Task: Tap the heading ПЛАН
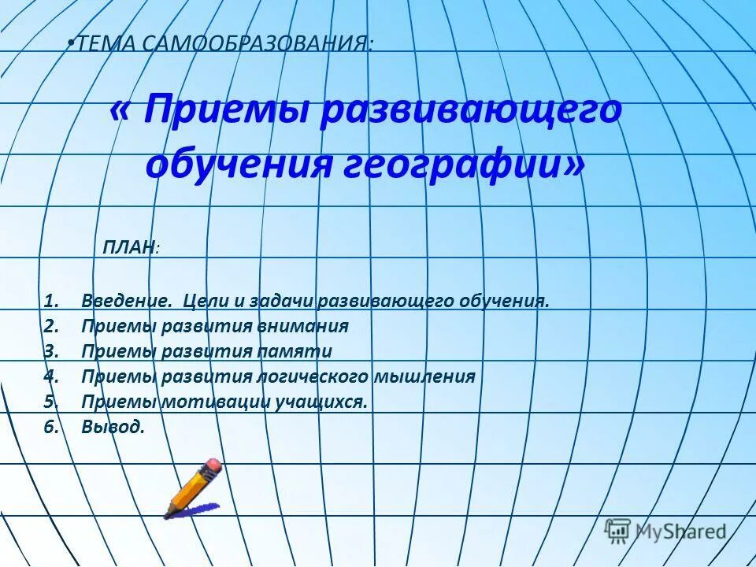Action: (128, 248)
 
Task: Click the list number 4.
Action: (50, 376)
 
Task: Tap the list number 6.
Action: (50, 427)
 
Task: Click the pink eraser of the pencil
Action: (213, 469)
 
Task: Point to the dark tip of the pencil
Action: (167, 515)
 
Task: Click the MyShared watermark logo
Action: (665, 531)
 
